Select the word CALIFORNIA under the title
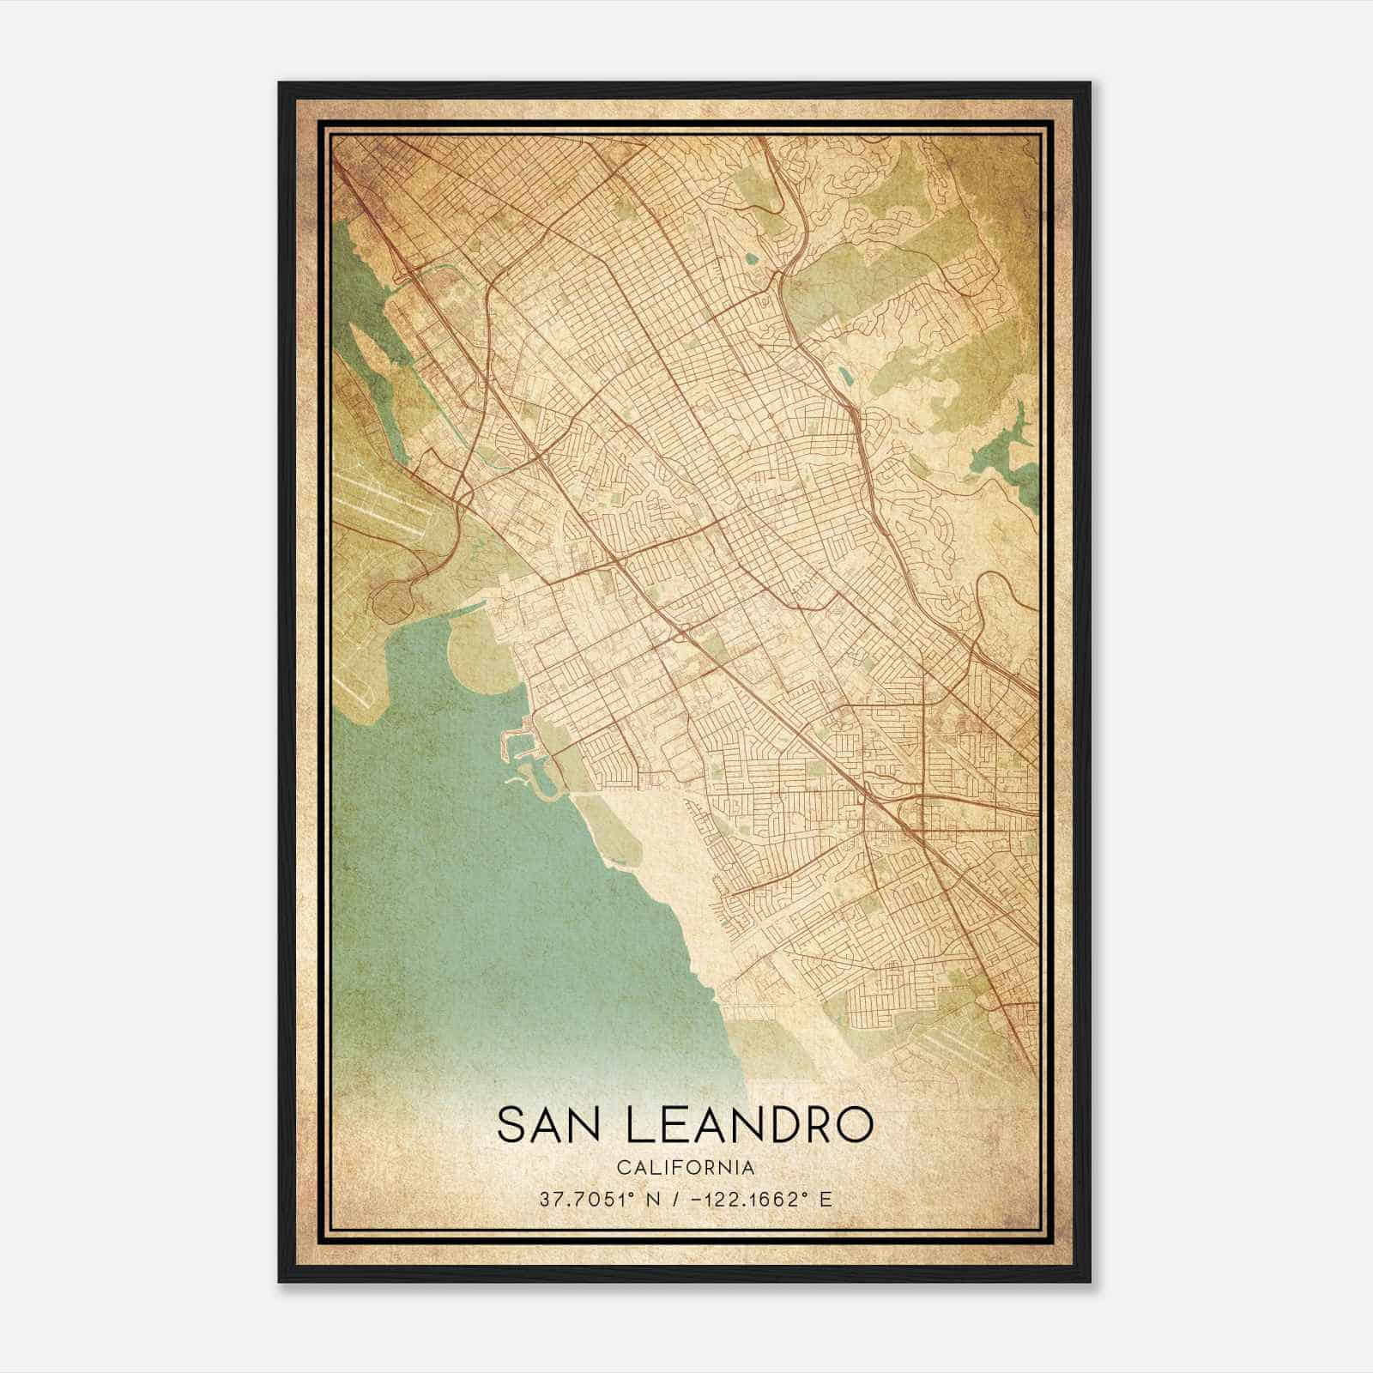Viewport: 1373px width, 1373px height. (x=686, y=1168)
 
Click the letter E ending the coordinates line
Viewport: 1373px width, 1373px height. (x=826, y=1200)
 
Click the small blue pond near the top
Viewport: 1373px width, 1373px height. (x=753, y=257)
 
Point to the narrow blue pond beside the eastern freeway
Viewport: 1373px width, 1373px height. (x=846, y=376)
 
